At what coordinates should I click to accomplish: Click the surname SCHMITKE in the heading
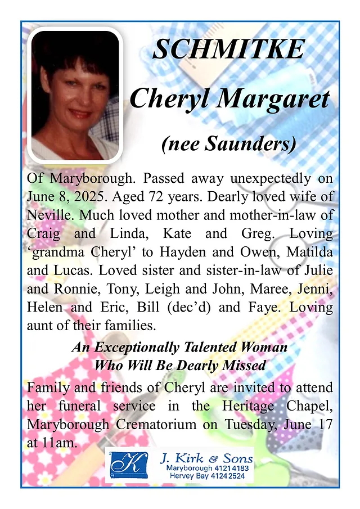click(x=228, y=50)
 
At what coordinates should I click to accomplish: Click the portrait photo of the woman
click(x=75, y=95)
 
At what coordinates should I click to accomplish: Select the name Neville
click(x=48, y=215)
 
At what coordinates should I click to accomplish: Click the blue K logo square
click(x=129, y=465)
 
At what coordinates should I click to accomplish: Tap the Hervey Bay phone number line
click(x=211, y=476)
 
